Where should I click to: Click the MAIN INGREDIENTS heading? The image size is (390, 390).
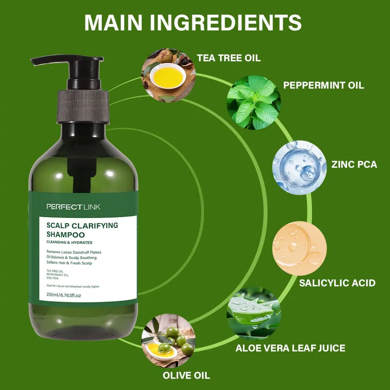(x=193, y=23)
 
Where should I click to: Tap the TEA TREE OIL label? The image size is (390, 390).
(x=229, y=58)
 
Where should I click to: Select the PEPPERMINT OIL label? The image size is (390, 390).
(x=323, y=85)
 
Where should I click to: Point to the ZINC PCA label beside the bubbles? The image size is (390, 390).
(x=354, y=165)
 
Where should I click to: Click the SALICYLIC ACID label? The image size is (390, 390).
(x=337, y=283)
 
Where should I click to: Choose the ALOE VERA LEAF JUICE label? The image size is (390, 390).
(x=291, y=348)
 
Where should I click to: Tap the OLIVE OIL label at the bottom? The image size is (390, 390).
(x=186, y=375)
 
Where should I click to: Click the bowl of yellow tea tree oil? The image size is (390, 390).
(x=168, y=76)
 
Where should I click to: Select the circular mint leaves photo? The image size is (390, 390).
(x=254, y=102)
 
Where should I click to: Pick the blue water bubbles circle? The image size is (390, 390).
(x=300, y=167)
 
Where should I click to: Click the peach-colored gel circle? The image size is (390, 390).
(x=300, y=248)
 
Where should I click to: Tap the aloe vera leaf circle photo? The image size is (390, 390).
(x=254, y=314)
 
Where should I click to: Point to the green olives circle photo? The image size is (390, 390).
(x=168, y=340)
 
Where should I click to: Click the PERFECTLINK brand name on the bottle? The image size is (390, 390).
(x=73, y=207)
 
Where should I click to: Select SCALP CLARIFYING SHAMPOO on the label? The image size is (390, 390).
(x=82, y=230)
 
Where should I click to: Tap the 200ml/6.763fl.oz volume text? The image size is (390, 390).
(x=64, y=295)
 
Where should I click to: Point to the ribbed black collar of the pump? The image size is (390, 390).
(x=83, y=107)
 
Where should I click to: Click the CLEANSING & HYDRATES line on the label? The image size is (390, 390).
(x=69, y=242)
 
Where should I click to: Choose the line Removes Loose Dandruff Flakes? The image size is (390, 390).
(x=74, y=252)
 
